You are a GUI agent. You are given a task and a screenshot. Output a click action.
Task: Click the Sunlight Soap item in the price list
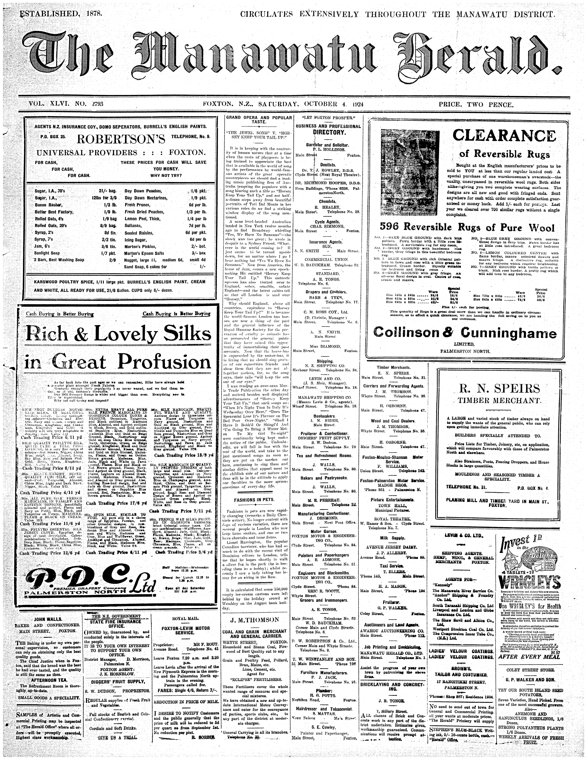click(x=47, y=253)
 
